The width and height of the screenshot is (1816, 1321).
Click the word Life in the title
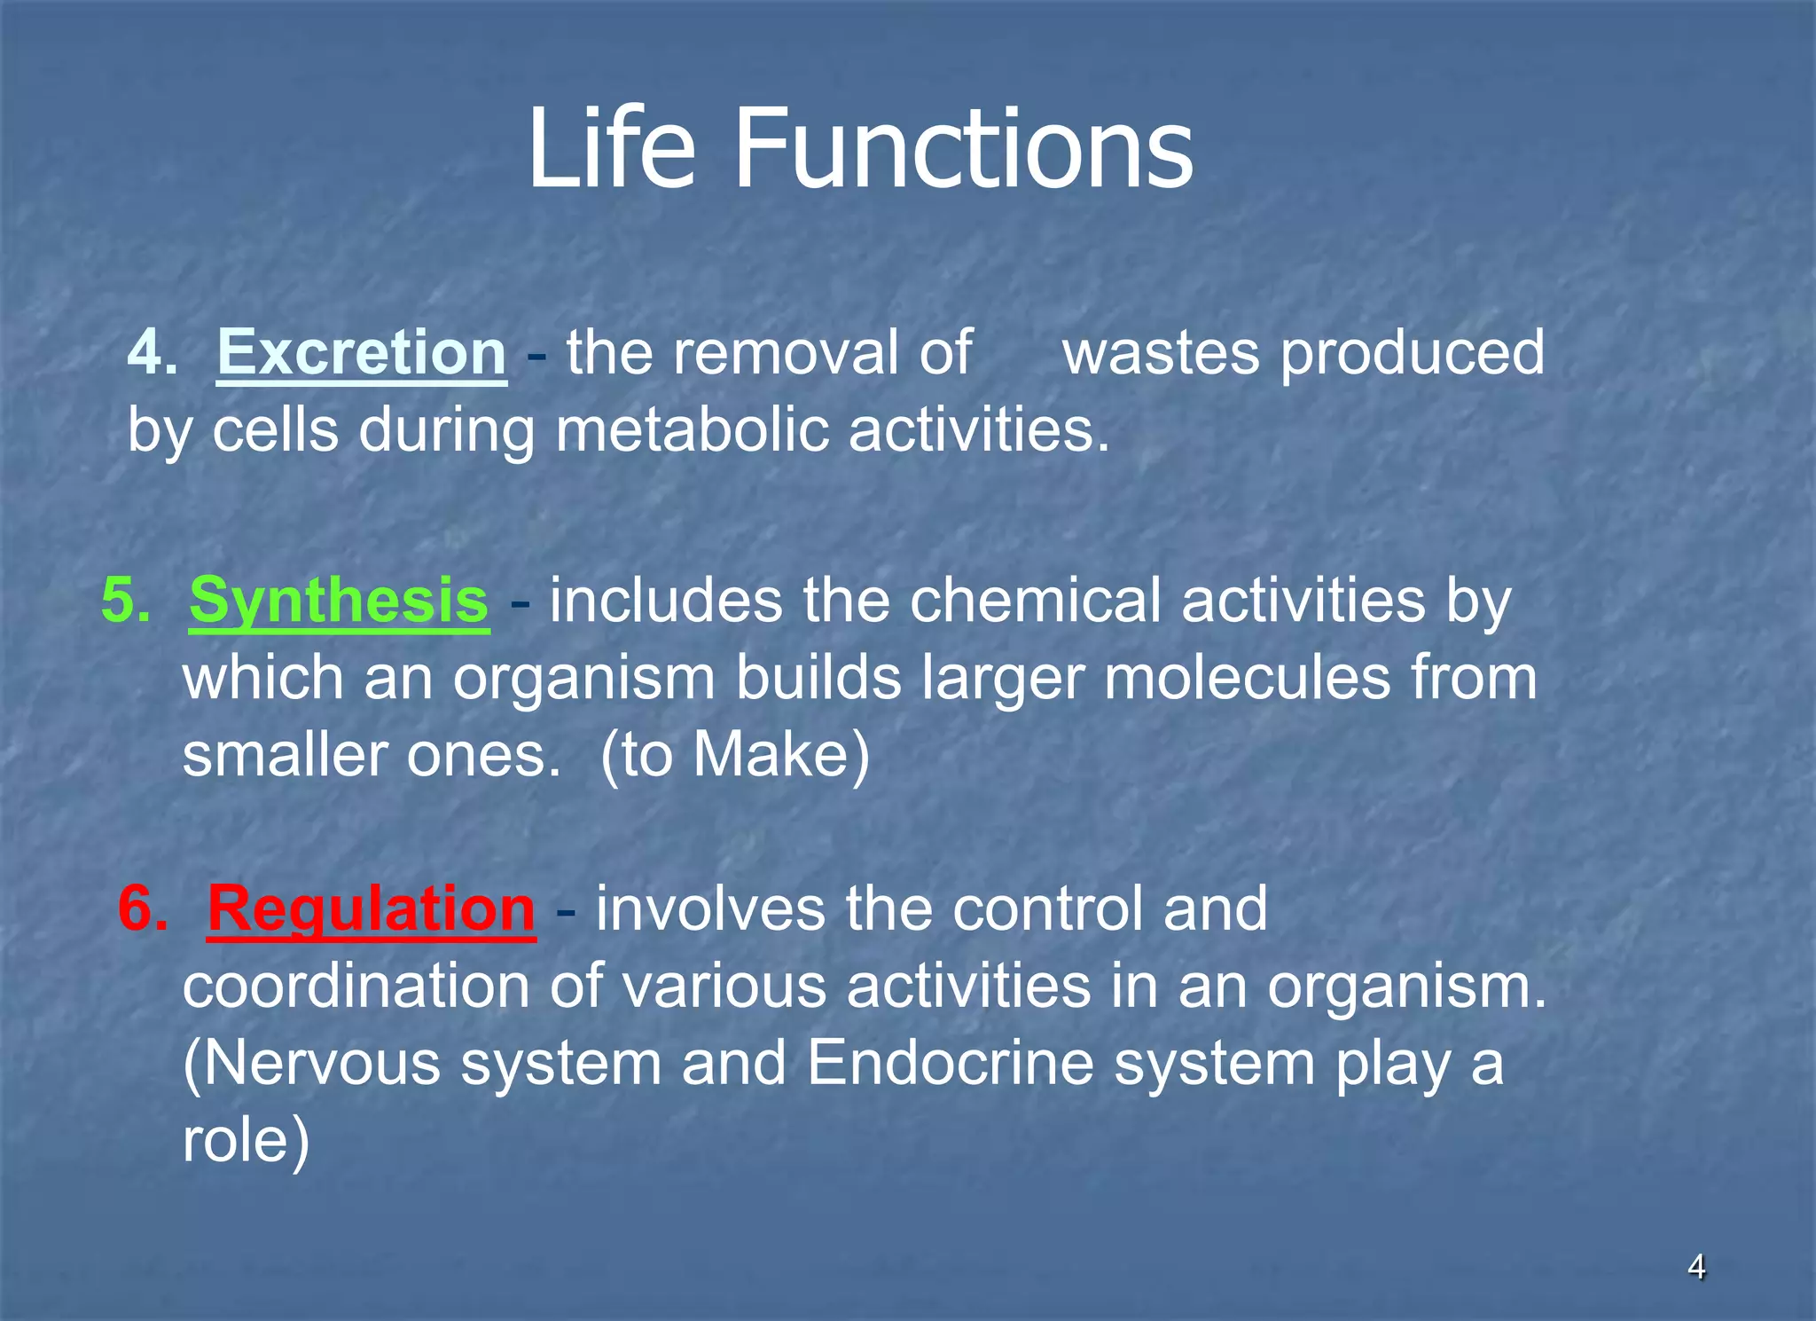(x=611, y=148)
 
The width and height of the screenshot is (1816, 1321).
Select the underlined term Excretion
(x=362, y=353)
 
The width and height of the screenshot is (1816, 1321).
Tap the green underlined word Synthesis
(x=339, y=601)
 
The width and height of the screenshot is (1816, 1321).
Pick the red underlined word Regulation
(x=372, y=909)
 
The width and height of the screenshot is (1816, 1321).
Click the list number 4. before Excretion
(x=152, y=353)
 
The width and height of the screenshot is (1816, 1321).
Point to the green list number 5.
(x=125, y=601)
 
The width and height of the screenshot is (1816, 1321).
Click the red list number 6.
(x=143, y=909)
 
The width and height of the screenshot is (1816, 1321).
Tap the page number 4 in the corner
(x=1696, y=1268)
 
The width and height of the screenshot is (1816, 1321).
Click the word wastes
(x=1161, y=353)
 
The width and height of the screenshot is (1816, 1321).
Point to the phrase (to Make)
(x=735, y=756)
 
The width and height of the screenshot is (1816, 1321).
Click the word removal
(x=786, y=353)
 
